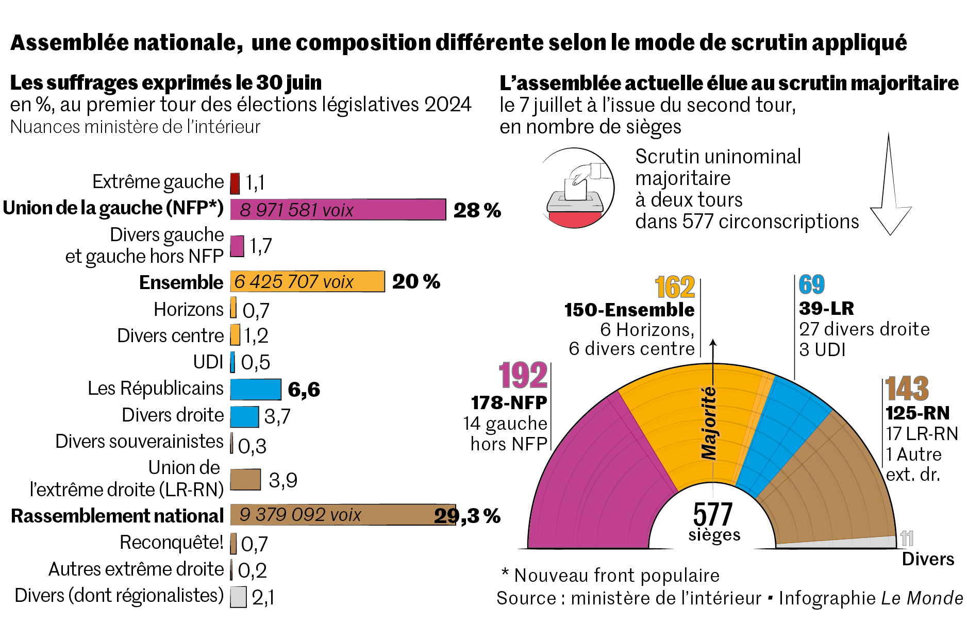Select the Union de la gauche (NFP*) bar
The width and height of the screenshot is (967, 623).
point(338,209)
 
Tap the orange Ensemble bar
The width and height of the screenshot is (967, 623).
point(307,281)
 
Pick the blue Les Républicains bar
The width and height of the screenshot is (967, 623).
point(256,389)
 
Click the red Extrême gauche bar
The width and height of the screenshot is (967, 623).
point(235,183)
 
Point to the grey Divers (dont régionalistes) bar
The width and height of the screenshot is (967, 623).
point(238,597)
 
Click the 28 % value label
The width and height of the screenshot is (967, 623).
point(477,210)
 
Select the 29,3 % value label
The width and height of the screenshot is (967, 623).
point(467,515)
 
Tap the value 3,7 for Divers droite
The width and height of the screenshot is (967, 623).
point(277,416)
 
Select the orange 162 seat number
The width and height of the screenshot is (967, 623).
point(675,287)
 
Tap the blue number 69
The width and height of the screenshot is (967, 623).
point(811,284)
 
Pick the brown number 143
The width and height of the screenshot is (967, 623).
point(907,389)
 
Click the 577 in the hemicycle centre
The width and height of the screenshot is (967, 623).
point(712,514)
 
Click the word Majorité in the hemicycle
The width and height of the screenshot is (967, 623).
point(709,423)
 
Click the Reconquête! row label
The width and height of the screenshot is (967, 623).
point(172,543)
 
